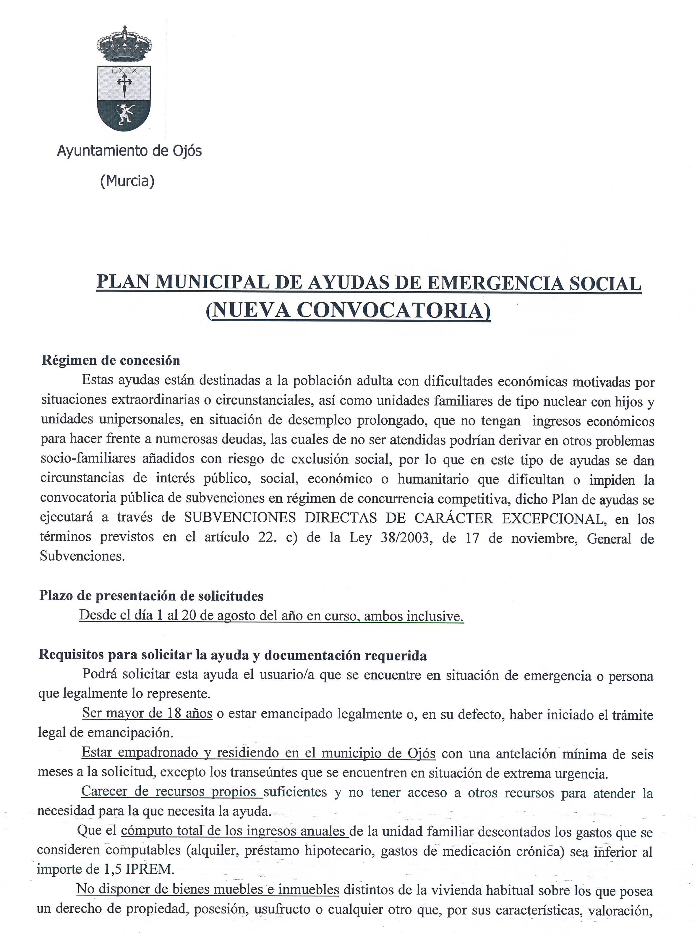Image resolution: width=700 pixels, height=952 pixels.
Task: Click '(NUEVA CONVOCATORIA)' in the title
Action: point(348,311)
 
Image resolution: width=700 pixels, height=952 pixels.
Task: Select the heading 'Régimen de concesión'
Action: point(111,361)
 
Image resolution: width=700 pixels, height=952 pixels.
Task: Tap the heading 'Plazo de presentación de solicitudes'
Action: point(151,596)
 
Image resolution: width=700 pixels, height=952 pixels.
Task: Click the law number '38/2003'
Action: point(398,538)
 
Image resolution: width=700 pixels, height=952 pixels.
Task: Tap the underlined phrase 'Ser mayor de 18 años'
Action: point(147,713)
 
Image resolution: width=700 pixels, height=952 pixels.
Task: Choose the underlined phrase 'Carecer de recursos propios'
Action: point(168,792)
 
